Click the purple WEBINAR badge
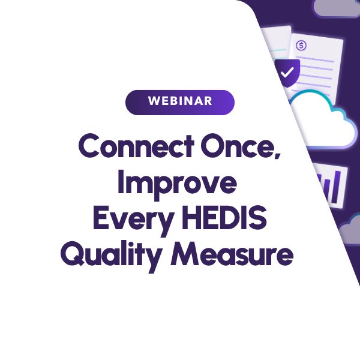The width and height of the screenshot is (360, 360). coord(180,103)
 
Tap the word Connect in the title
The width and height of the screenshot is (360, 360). coord(136,146)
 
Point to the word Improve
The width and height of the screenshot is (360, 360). coord(177,185)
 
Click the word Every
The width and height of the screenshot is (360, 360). coord(133,220)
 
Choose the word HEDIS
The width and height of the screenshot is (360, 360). coord(224,218)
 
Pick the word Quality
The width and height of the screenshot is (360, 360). coord(111,256)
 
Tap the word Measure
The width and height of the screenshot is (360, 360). coord(232,254)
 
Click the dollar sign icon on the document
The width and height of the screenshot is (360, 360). coord(301,45)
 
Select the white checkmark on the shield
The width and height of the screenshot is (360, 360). coord(287,72)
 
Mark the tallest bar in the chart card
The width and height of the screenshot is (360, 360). coord(335,187)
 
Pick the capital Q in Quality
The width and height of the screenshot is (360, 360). coord(73,254)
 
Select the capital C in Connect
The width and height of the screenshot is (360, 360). coord(89,146)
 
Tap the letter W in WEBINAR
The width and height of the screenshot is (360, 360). coord(154,101)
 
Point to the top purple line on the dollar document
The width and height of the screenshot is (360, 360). coord(314,59)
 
